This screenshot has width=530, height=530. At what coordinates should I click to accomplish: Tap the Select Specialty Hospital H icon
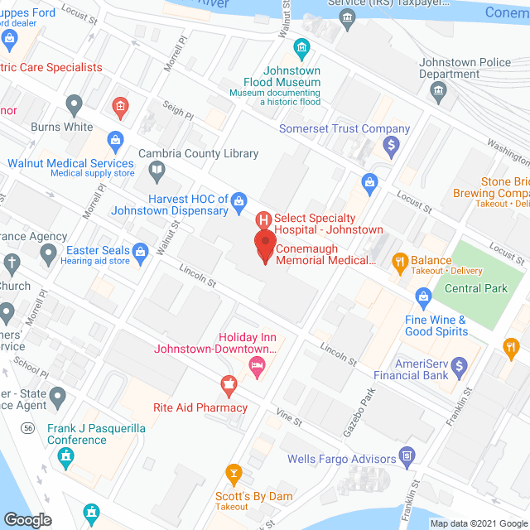263,220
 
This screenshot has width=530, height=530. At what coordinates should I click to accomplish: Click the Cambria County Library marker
157,171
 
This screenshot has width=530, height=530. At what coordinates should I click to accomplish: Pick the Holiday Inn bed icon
258,364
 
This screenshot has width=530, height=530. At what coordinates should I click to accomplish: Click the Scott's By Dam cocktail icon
234,475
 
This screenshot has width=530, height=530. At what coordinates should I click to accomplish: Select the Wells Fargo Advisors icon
407,455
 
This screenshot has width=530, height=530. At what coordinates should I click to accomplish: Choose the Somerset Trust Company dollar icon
393,147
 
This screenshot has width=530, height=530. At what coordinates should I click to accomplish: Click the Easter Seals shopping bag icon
141,251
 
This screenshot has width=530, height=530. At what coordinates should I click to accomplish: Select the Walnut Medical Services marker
115,139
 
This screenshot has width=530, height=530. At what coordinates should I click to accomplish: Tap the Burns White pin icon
74,105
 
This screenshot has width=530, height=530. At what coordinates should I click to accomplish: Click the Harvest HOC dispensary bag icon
239,200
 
